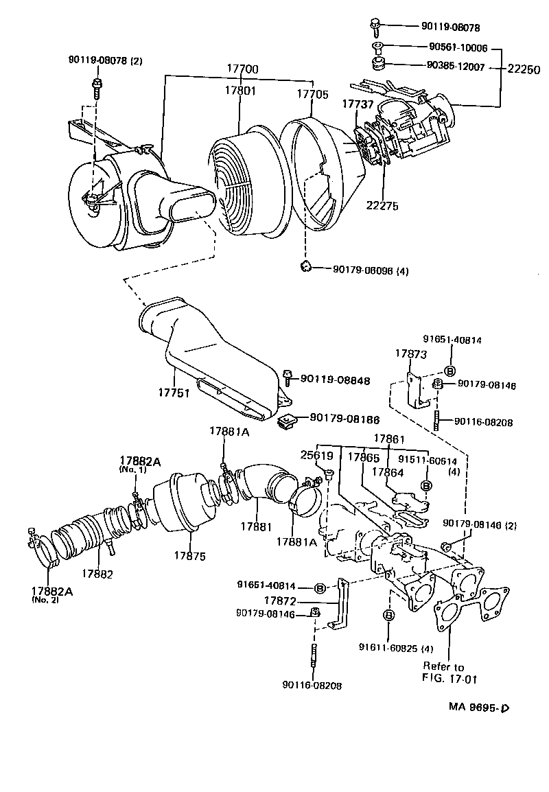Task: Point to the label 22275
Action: point(382,205)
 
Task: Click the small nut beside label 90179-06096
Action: point(306,266)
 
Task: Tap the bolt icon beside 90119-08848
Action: point(288,375)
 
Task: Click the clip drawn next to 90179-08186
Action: point(288,420)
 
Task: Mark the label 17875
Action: point(190,555)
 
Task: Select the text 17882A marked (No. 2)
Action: point(54,590)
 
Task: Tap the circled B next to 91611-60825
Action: point(388,615)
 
